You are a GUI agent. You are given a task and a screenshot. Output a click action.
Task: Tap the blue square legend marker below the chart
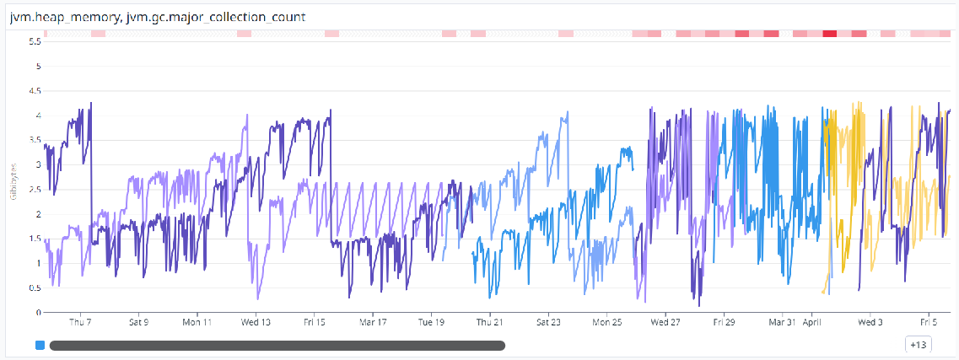tap(40, 345)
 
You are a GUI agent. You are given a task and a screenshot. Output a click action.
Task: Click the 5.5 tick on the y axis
tap(35, 41)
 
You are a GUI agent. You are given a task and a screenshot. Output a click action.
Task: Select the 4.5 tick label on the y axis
tap(35, 91)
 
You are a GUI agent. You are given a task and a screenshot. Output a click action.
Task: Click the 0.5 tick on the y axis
tap(35, 288)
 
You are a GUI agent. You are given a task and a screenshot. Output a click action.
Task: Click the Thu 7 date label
tap(80, 322)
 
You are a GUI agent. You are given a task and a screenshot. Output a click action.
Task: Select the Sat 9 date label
tap(138, 322)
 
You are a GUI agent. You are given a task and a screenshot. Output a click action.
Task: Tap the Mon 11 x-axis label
tap(197, 322)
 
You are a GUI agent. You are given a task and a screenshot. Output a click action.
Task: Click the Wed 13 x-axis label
tap(256, 322)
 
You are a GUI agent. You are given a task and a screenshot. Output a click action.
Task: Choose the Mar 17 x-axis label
tap(372, 322)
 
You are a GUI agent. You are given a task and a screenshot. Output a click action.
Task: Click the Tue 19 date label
tap(431, 322)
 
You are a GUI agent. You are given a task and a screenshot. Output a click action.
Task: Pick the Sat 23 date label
tap(548, 322)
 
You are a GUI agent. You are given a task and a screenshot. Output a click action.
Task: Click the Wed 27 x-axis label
tap(665, 322)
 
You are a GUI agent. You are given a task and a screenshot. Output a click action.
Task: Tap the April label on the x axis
tap(812, 322)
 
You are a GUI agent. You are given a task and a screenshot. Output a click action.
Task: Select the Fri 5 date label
tap(929, 322)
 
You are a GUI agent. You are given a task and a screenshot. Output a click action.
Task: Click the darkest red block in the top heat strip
tap(830, 33)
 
